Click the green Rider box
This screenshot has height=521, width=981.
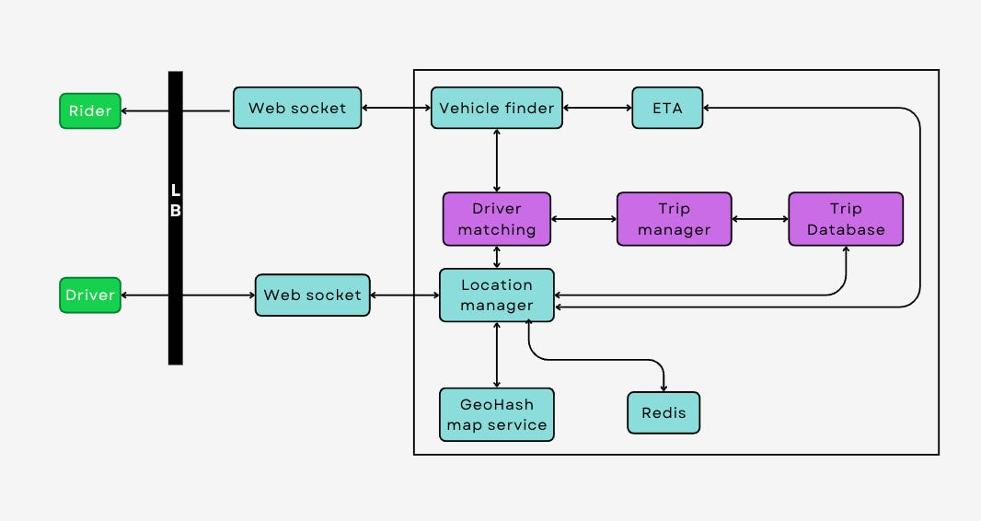point(90,110)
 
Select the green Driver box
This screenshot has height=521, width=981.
point(90,295)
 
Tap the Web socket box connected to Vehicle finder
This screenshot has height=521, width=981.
point(297,108)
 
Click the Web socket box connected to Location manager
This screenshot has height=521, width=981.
point(312,295)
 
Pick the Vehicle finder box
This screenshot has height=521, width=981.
point(497,108)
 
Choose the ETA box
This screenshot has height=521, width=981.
point(667,108)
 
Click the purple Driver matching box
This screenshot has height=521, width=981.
point(497,219)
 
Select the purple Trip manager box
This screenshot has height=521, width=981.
point(674,219)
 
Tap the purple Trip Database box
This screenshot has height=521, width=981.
point(846,219)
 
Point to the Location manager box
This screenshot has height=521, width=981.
point(497,295)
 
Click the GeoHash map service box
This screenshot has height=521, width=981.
point(497,414)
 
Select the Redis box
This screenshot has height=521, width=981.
point(664,412)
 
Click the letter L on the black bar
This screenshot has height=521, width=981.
point(176,191)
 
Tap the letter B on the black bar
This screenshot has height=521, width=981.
point(176,210)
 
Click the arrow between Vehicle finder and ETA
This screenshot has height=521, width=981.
point(597,108)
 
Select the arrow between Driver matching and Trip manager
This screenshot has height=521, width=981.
point(583,219)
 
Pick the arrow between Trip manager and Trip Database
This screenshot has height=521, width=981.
point(760,219)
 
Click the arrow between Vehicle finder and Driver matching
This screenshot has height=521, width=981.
point(497,160)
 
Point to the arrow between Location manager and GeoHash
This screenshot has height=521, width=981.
point(497,354)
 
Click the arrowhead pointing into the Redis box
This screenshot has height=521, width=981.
point(664,388)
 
